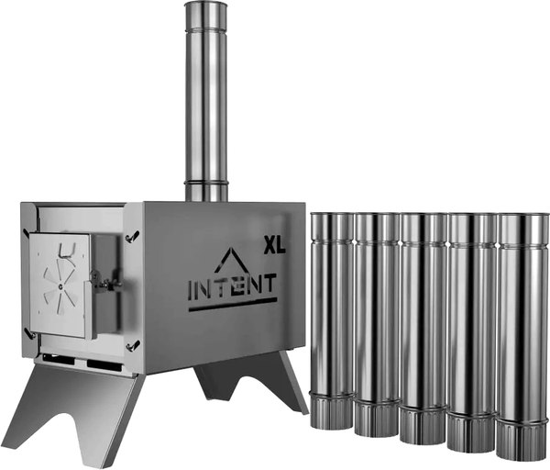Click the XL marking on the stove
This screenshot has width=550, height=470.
tap(275, 245)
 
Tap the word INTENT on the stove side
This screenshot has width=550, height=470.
tap(233, 287)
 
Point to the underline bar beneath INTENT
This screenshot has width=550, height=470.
tap(233, 305)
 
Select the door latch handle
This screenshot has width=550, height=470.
tap(104, 283)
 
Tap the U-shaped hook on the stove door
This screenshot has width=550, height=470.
tap(66, 251)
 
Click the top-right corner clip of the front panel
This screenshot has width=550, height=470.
tap(133, 236)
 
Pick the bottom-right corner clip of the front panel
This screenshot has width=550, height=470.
tap(133, 345)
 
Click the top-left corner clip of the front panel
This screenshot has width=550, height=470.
tap(27, 234)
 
